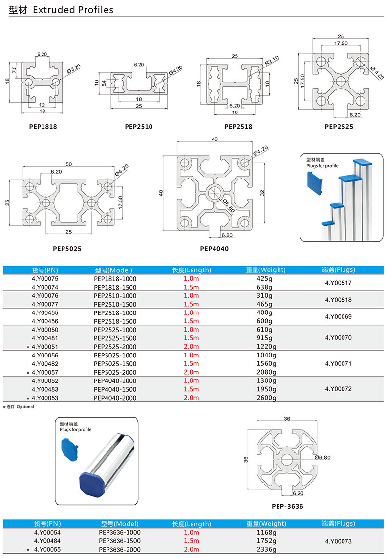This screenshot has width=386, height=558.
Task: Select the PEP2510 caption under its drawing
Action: [138, 127]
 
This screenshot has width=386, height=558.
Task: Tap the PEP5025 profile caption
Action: [67, 248]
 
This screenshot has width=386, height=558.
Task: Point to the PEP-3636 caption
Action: [287, 506]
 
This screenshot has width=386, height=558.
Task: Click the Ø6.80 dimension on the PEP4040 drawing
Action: [227, 206]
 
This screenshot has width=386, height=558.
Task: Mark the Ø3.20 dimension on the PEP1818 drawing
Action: [72, 69]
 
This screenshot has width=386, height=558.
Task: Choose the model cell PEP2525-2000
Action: [115, 347]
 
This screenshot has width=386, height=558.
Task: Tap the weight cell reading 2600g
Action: [266, 398]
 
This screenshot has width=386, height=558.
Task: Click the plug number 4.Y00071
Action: [338, 364]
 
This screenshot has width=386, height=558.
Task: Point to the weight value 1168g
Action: [266, 532]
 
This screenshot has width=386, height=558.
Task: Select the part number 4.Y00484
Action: [47, 541]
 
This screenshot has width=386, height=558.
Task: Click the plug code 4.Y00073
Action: [338, 541]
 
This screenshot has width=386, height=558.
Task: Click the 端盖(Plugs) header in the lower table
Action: [338, 524]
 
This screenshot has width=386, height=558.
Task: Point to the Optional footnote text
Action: [24, 407]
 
